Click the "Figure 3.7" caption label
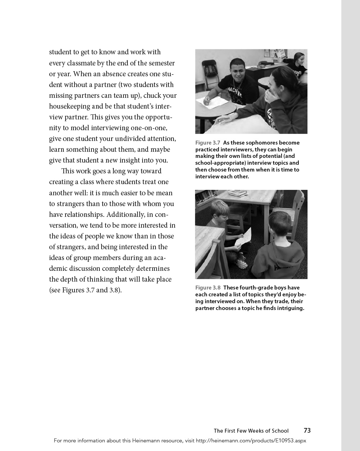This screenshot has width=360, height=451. (208, 143)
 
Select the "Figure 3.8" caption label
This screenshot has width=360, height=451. (208, 288)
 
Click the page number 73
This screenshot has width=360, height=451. (307, 430)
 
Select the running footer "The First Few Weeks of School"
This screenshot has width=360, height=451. (251, 431)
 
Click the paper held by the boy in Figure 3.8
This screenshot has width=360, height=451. (243, 237)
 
